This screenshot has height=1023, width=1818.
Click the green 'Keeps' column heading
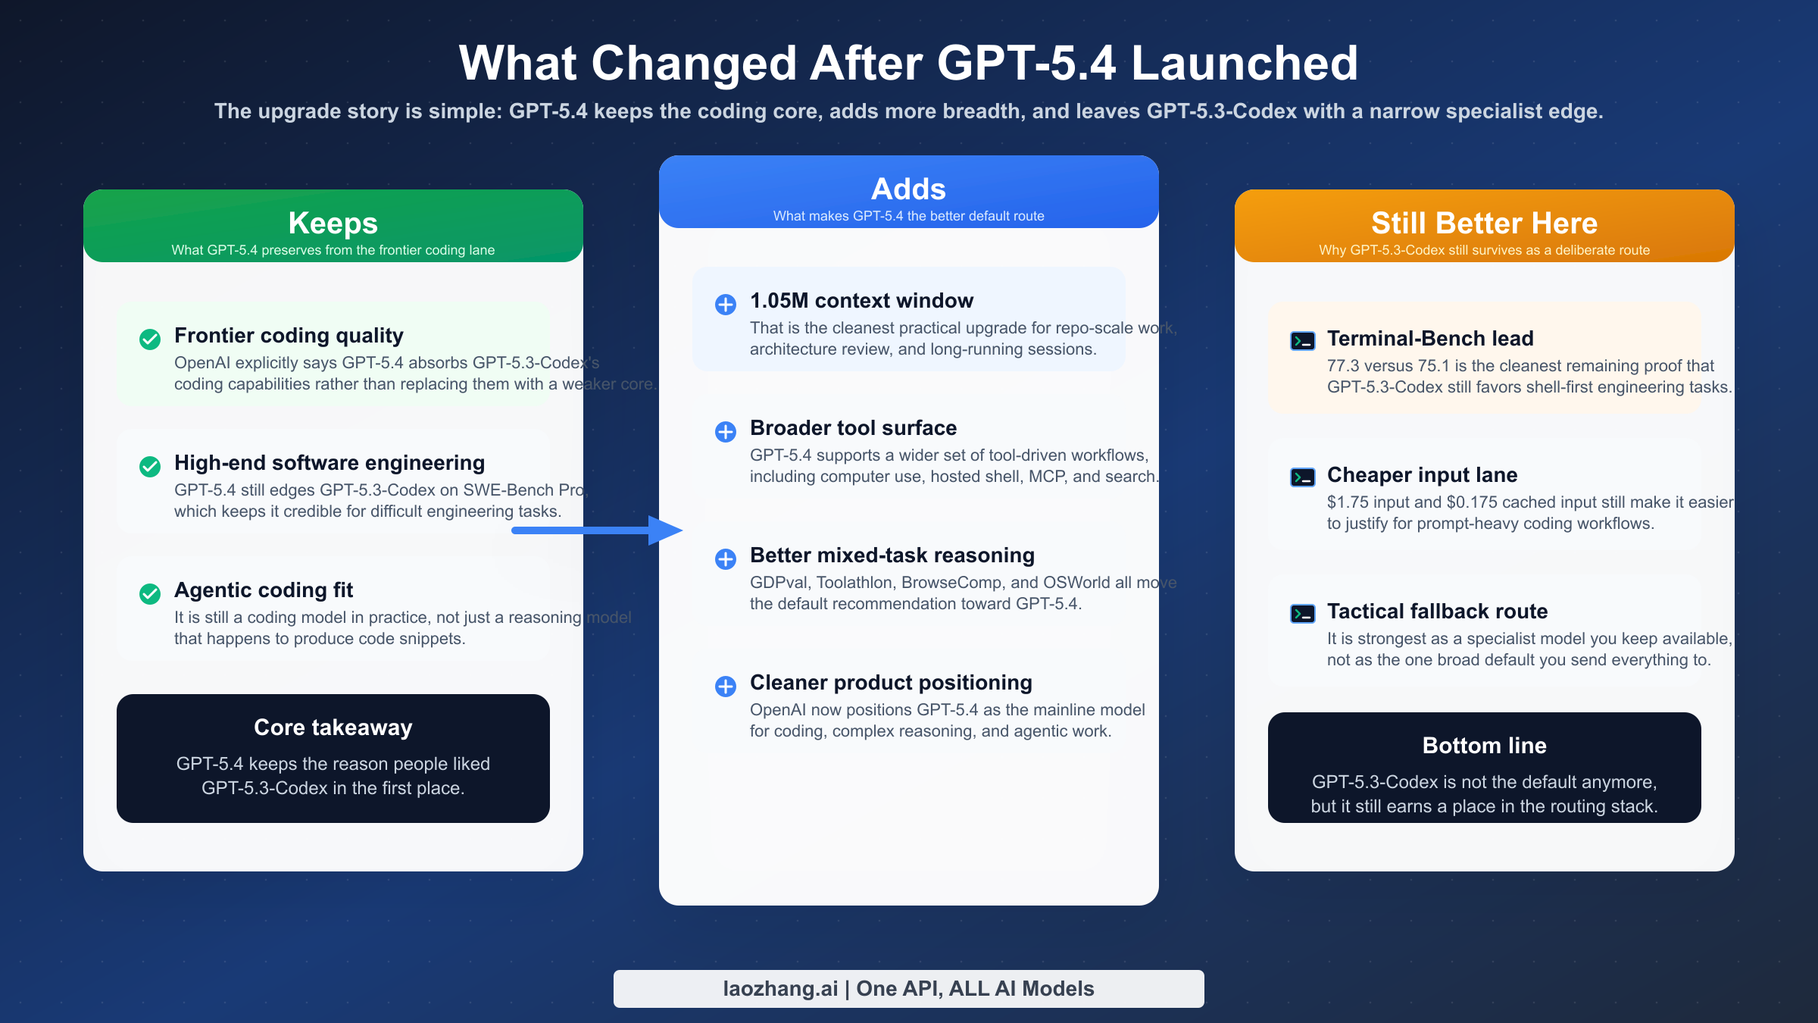333,224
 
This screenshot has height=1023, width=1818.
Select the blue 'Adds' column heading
908,189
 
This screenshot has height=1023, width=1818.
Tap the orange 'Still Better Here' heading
1484,224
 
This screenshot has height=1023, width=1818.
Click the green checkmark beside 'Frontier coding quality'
150,339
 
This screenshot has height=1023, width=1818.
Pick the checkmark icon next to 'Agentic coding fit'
150,593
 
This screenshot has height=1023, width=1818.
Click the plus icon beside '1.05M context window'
726,305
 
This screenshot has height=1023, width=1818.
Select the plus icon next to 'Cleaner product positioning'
726,687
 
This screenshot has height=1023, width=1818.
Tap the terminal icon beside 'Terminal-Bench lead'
1303,341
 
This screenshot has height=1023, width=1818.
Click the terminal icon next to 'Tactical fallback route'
1303,614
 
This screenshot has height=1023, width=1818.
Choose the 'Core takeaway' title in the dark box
333,727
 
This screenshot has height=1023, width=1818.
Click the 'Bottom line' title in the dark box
1484,746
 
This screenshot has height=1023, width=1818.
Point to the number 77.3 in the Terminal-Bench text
1343,366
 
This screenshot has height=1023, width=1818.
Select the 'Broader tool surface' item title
853,428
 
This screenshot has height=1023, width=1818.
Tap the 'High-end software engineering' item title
330,463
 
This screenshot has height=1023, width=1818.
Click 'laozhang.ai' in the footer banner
780,989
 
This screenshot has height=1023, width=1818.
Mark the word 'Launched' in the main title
1245,63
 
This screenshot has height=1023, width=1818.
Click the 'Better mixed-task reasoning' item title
892,555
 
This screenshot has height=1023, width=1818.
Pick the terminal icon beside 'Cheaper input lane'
1303,477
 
